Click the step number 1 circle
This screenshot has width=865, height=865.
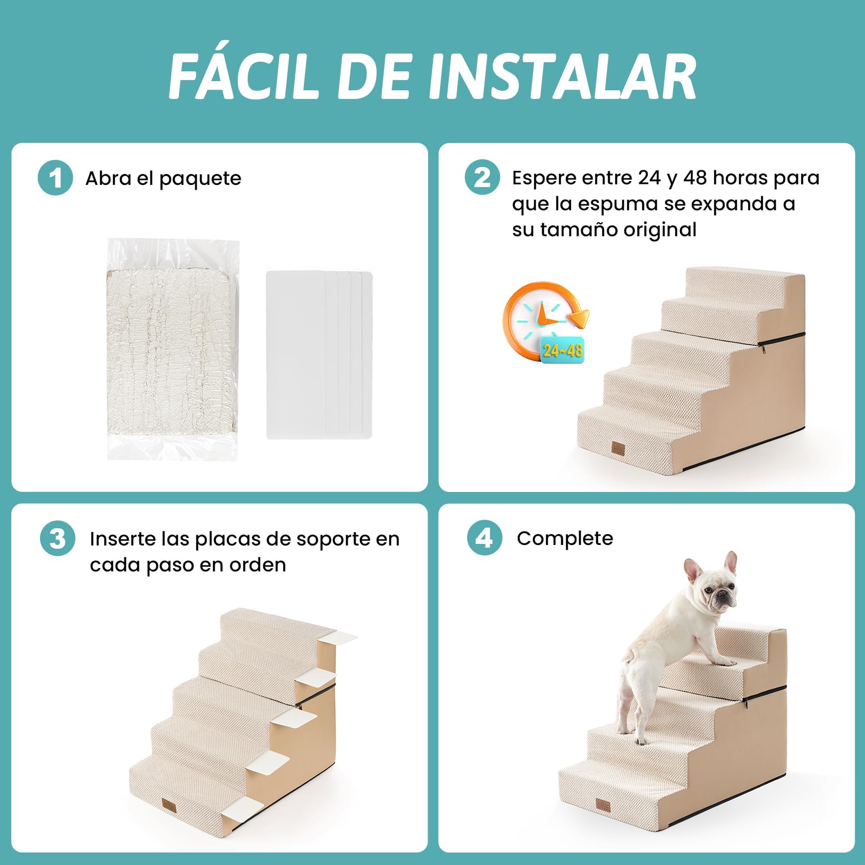(56, 178)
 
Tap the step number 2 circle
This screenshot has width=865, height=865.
(482, 177)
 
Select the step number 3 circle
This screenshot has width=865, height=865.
(57, 538)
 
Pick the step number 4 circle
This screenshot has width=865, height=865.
(484, 537)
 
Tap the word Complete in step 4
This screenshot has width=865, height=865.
(565, 538)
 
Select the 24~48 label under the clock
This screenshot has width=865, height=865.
(563, 351)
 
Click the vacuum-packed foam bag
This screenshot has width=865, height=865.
(173, 349)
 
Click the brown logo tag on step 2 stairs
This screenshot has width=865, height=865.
(618, 448)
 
